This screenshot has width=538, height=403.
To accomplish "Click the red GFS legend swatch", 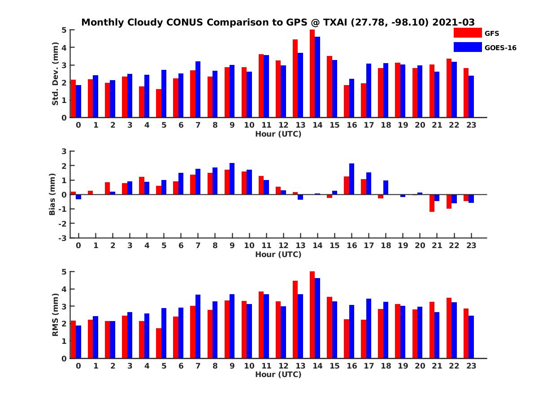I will pos(467,33).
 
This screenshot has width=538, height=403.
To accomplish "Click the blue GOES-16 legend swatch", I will pos(467,47).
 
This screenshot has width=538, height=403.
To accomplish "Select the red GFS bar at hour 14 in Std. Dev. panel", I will pos(312,73).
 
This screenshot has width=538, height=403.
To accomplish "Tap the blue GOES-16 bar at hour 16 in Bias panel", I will pos(351,179).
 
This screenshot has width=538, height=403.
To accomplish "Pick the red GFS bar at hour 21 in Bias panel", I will pos(432,203).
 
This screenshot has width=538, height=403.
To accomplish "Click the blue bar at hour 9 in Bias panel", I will pos(232,179).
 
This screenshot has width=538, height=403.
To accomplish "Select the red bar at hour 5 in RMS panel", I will pos(159,343).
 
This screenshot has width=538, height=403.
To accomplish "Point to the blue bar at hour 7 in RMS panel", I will pos(198,326).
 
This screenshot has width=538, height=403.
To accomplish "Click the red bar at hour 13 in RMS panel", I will pos(295,319).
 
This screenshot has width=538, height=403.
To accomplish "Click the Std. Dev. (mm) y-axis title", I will pos(56,74).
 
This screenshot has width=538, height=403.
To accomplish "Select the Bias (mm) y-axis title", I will pos(52,194).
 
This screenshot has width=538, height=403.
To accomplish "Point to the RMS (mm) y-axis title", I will pos(56,315).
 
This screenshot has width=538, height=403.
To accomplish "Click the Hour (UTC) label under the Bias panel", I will pos(278,254).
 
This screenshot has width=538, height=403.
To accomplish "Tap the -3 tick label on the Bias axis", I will pos(63,238).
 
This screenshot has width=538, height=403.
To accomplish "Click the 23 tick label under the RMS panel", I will pos(471,365).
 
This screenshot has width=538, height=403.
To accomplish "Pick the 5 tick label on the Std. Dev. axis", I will pos(65,30).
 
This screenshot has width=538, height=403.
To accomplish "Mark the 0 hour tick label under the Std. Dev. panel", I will pos(78,125).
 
